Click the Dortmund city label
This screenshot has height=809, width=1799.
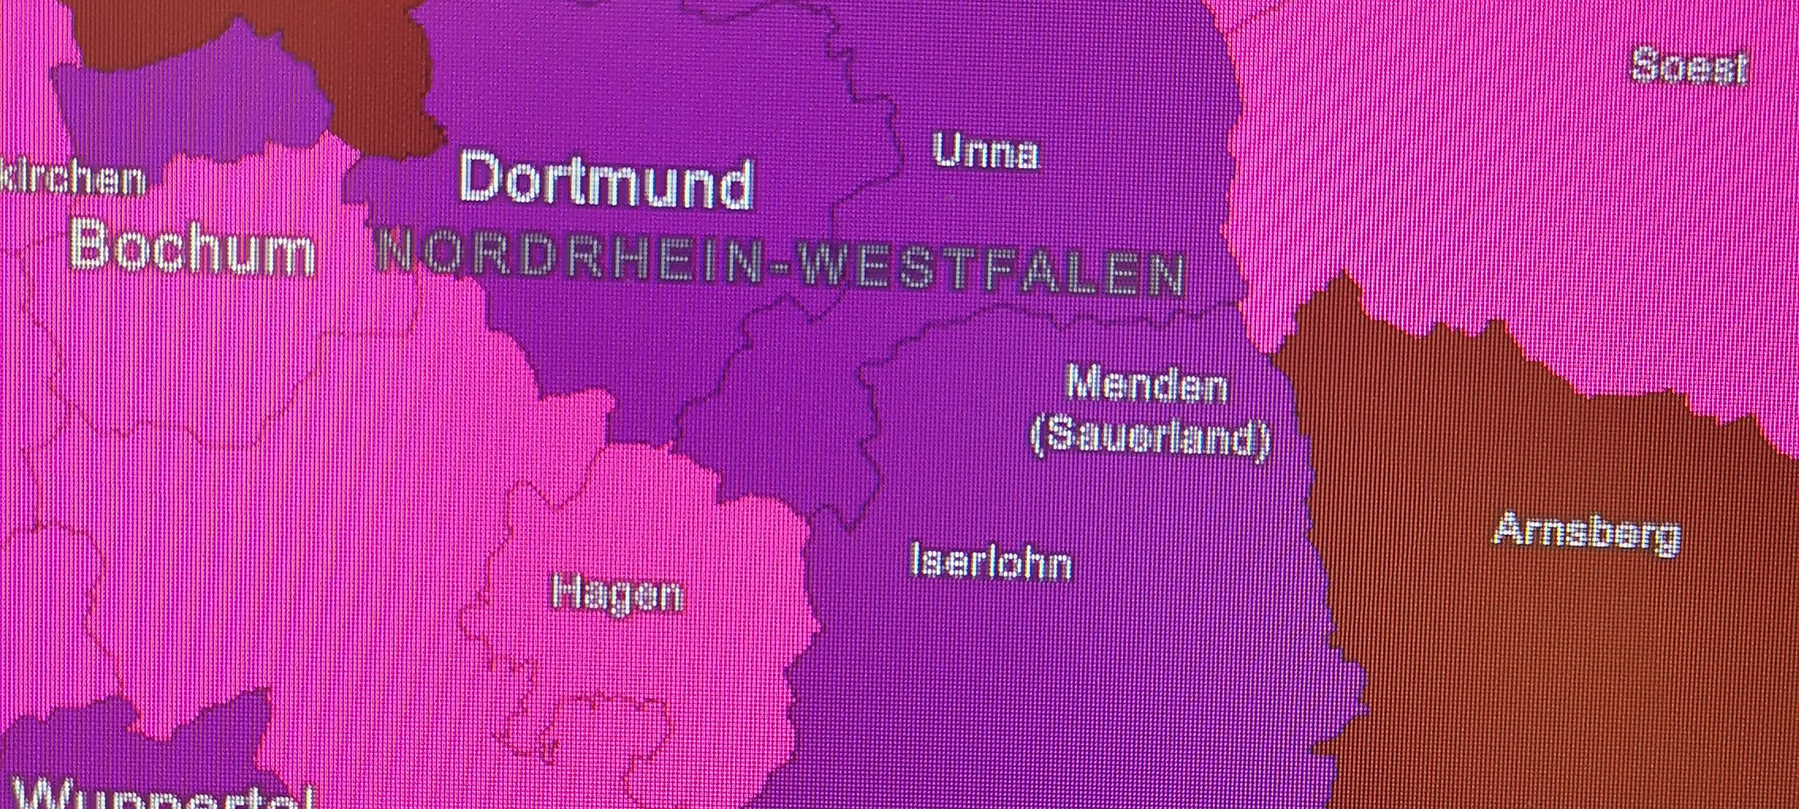coord(605,181)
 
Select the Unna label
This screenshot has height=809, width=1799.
coord(985,151)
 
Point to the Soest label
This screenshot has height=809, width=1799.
coord(1689,68)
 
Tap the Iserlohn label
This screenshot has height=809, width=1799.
coord(991,563)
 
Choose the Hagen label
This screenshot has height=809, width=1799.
coord(617,594)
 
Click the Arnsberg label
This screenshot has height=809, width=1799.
coord(1587,533)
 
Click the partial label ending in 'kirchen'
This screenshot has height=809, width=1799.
coord(74,179)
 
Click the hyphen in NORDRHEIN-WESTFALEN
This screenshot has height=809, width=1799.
coord(780,269)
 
